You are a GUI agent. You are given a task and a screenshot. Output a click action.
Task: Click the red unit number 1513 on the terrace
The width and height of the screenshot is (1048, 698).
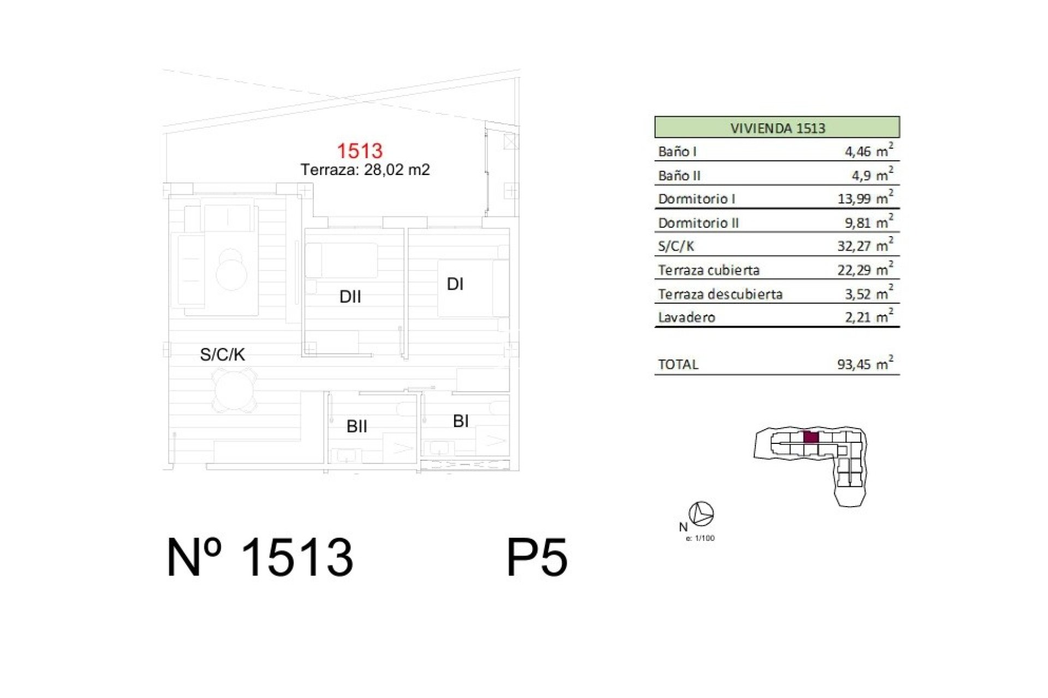pos(360,151)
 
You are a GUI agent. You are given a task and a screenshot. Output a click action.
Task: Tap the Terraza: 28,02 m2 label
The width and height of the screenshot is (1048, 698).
pos(365,170)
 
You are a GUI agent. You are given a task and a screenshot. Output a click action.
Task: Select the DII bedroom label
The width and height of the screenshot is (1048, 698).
pos(350,297)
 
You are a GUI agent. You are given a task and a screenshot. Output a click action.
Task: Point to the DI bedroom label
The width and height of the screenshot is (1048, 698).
pos(455,284)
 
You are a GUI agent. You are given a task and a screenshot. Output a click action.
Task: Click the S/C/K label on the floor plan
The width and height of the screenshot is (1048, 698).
pos(222,354)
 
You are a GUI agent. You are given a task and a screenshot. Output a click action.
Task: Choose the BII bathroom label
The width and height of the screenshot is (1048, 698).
pos(357,426)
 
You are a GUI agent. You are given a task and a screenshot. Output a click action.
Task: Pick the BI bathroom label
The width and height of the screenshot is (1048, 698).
pos(461,421)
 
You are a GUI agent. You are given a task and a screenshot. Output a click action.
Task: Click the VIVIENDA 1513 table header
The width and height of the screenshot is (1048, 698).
pos(777,128)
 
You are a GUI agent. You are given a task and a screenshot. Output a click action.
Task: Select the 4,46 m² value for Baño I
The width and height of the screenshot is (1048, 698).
pos(869,151)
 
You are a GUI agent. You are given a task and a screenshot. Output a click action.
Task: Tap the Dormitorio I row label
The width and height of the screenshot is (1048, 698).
pos(696,199)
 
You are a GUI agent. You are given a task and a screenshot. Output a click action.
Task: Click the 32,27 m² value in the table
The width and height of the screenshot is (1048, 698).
pos(866,245)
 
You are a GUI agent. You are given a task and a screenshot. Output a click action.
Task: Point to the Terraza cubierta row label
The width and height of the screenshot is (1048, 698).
pos(708,270)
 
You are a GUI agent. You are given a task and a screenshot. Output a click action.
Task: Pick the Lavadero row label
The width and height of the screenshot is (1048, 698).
pos(687,317)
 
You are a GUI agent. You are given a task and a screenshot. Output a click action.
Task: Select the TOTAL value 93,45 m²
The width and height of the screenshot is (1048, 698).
pos(866,364)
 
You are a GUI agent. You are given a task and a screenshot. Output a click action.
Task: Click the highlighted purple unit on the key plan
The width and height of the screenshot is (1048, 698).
pos(811,437)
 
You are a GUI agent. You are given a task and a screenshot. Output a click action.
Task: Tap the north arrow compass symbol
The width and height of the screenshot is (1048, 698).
pos(701,514)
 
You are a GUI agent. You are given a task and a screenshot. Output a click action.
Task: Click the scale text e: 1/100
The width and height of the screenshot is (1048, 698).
pos(700,538)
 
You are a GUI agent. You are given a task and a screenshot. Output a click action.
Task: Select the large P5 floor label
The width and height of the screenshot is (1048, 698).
pos(537,557)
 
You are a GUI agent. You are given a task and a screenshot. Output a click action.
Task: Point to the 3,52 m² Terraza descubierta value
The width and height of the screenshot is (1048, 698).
pos(869,293)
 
